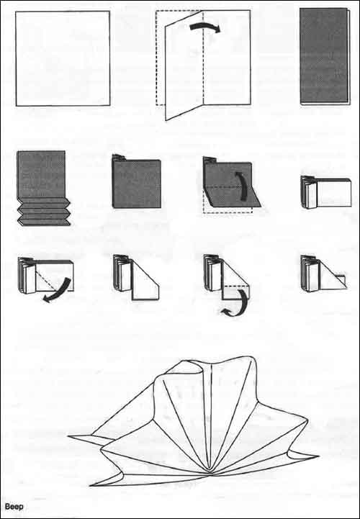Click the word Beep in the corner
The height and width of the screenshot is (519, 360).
pyautogui.click(x=14, y=507)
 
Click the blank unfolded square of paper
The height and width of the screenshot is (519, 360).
pyautogui.click(x=63, y=58)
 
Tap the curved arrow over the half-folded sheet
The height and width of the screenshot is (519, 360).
pyautogui.click(x=205, y=28)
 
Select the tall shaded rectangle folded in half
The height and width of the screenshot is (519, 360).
pyautogui.click(x=325, y=56)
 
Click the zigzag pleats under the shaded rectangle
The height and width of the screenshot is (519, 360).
pyautogui.click(x=44, y=211)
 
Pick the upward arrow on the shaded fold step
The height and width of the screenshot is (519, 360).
pyautogui.click(x=243, y=186)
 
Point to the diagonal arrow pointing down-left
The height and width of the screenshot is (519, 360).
pyautogui.click(x=57, y=290)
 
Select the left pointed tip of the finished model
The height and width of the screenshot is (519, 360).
pyautogui.click(x=68, y=437)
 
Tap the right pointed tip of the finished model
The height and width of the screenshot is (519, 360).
pyautogui.click(x=319, y=456)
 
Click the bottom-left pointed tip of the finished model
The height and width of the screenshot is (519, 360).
pyautogui.click(x=90, y=486)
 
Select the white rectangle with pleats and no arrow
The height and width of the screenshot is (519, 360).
pyautogui.click(x=326, y=192)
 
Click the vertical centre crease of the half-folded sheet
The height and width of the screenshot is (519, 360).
pyautogui.click(x=203, y=57)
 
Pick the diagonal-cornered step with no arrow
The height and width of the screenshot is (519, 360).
pyautogui.click(x=136, y=277)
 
